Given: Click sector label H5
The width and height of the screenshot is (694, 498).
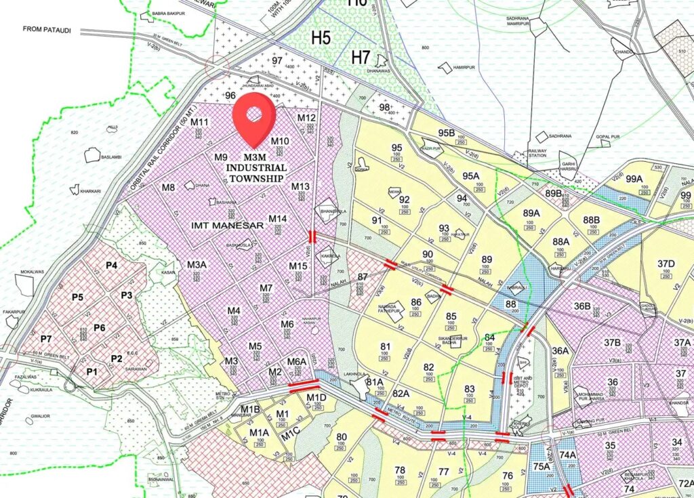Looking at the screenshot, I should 321,37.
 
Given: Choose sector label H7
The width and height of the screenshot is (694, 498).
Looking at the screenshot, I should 361,58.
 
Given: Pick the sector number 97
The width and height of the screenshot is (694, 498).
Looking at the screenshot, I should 277,60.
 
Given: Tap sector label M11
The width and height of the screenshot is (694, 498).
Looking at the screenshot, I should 199,122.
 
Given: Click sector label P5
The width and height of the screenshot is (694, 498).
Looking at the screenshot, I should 78,297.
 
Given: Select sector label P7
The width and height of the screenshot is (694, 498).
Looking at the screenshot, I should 46,338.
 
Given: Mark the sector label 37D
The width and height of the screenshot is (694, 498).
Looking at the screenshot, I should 666,264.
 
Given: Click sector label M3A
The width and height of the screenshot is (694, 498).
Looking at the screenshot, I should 197,264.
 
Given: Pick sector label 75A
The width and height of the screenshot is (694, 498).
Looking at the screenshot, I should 542,466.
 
